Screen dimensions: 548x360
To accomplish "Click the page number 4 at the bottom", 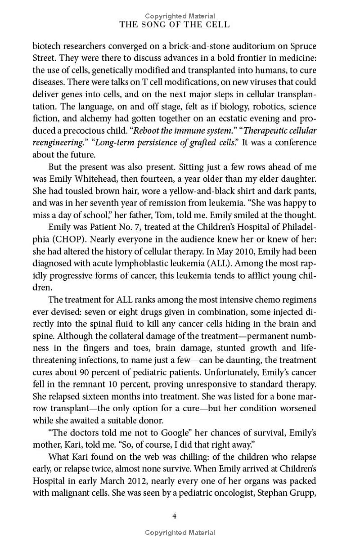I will [x=175, y=515].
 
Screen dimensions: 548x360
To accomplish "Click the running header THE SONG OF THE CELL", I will [x=175, y=25].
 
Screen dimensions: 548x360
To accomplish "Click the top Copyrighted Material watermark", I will [x=180, y=16].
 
